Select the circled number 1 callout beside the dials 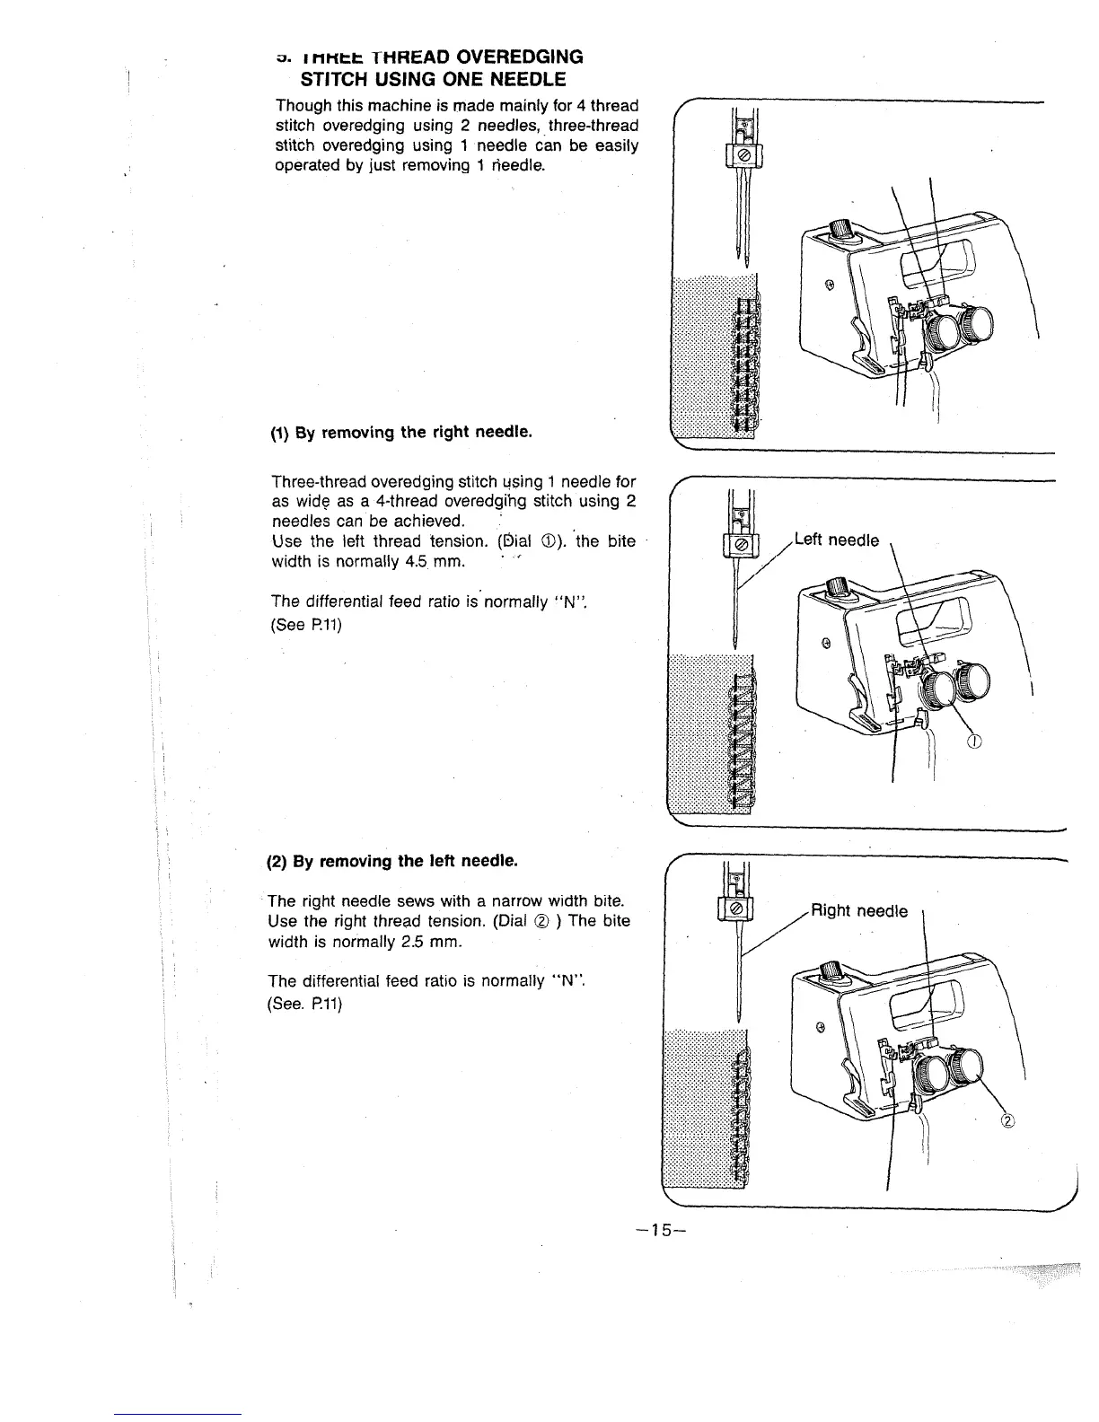(x=976, y=741)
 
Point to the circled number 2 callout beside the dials (x=1007, y=1120)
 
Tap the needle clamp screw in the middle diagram (x=741, y=546)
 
